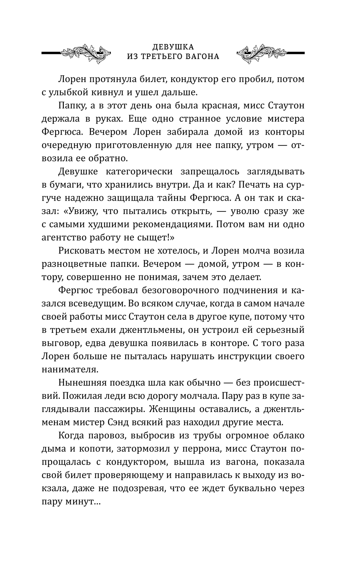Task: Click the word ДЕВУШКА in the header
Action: coord(173,47)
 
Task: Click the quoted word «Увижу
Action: coord(80,211)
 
